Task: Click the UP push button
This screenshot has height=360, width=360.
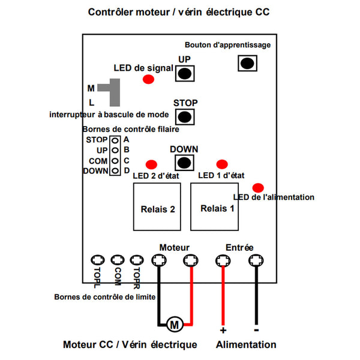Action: pos(185,74)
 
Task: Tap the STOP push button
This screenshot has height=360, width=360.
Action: pos(185,117)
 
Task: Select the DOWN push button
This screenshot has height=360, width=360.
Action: pos(184,162)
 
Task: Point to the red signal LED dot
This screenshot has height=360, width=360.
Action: pos(148,80)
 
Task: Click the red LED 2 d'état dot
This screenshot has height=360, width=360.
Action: pos(151,164)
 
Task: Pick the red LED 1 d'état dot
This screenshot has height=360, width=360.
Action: pos(222,164)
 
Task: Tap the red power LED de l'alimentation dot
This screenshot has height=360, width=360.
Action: pos(257,187)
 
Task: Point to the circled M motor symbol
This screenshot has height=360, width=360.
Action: pos(175,325)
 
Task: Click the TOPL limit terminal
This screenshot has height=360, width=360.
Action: pos(97,260)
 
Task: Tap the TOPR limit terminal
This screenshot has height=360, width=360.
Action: pos(137,260)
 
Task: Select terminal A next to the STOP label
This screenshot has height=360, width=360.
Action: pos(113,140)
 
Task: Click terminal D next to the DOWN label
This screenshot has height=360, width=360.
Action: pos(113,171)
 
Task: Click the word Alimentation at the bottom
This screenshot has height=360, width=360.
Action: pos(246,345)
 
